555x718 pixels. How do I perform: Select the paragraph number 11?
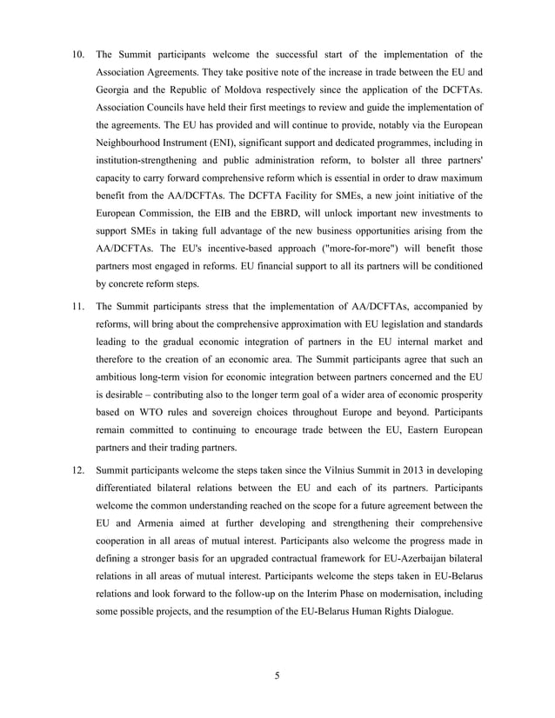(77, 307)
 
